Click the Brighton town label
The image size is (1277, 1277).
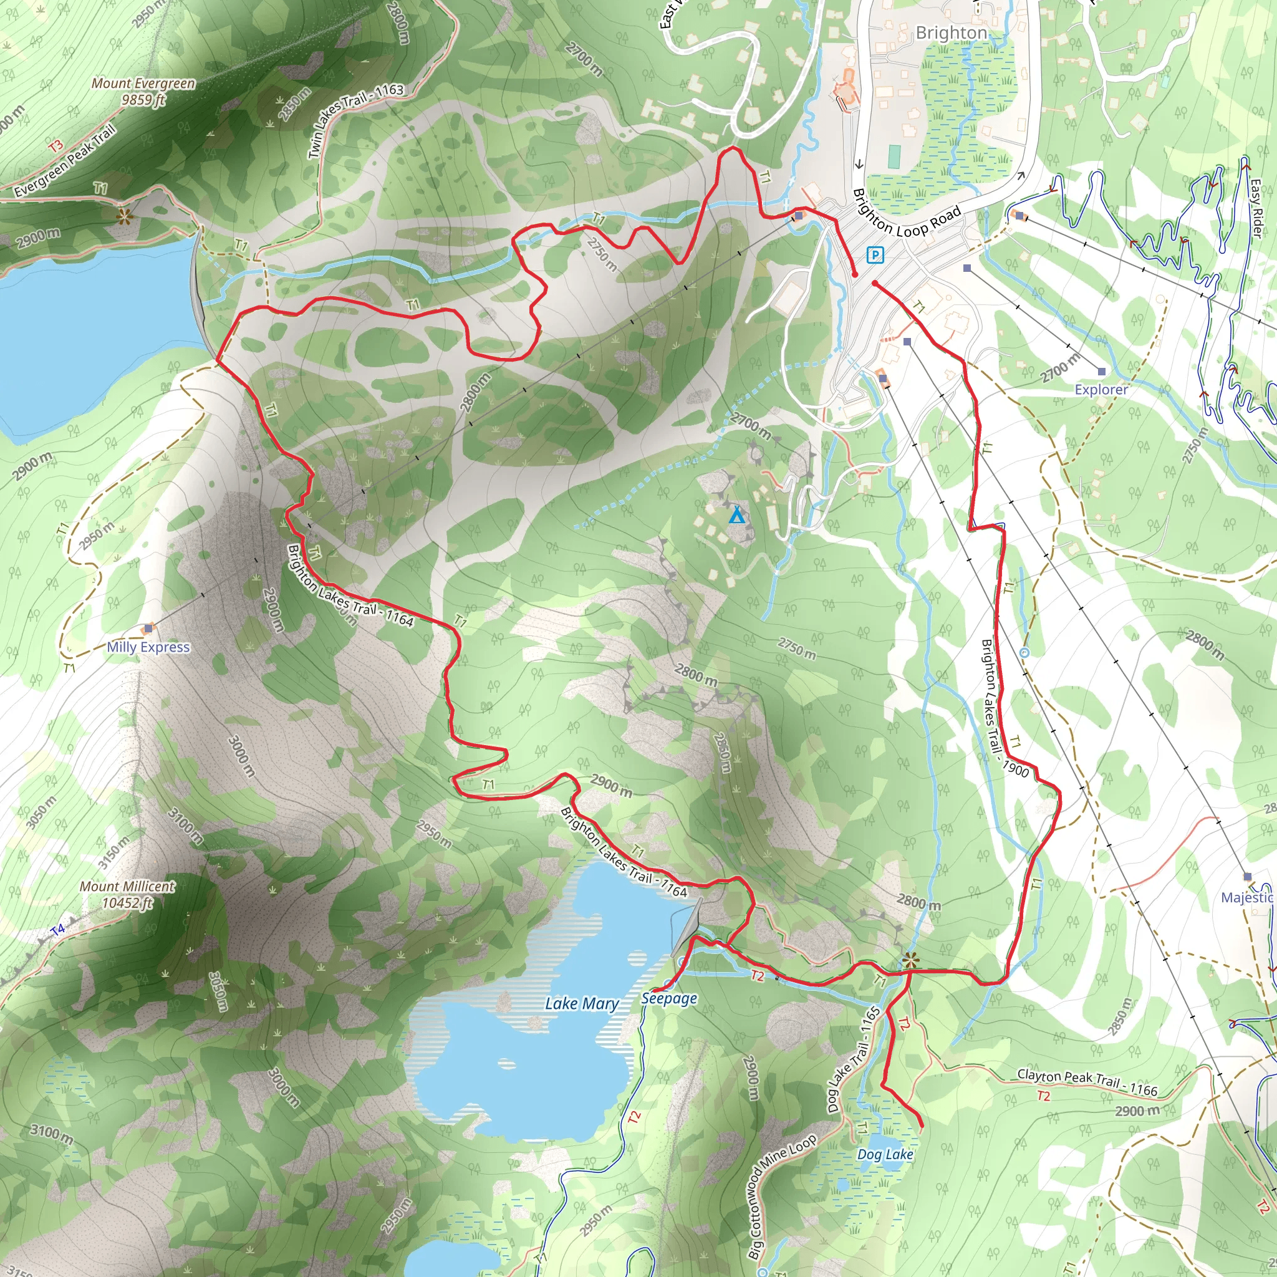click(951, 33)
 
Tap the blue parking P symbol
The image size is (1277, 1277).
click(875, 254)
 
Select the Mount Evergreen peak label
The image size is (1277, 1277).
click(143, 91)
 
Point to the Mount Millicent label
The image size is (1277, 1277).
click(128, 894)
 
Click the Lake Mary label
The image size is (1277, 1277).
click(582, 1003)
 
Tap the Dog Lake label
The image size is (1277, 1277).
click(885, 1154)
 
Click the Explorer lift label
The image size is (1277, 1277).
click(1101, 389)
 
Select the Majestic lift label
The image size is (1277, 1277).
click(1246, 897)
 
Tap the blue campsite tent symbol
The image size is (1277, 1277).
click(736, 516)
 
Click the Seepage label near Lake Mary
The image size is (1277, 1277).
click(669, 998)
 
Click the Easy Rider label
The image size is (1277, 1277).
click(1256, 208)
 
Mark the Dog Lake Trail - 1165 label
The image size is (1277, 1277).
click(854, 1059)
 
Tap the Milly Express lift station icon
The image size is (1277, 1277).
click(149, 628)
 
